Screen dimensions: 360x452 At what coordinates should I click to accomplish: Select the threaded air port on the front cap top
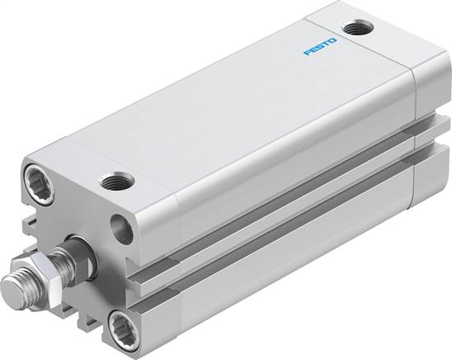[x=110, y=179]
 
